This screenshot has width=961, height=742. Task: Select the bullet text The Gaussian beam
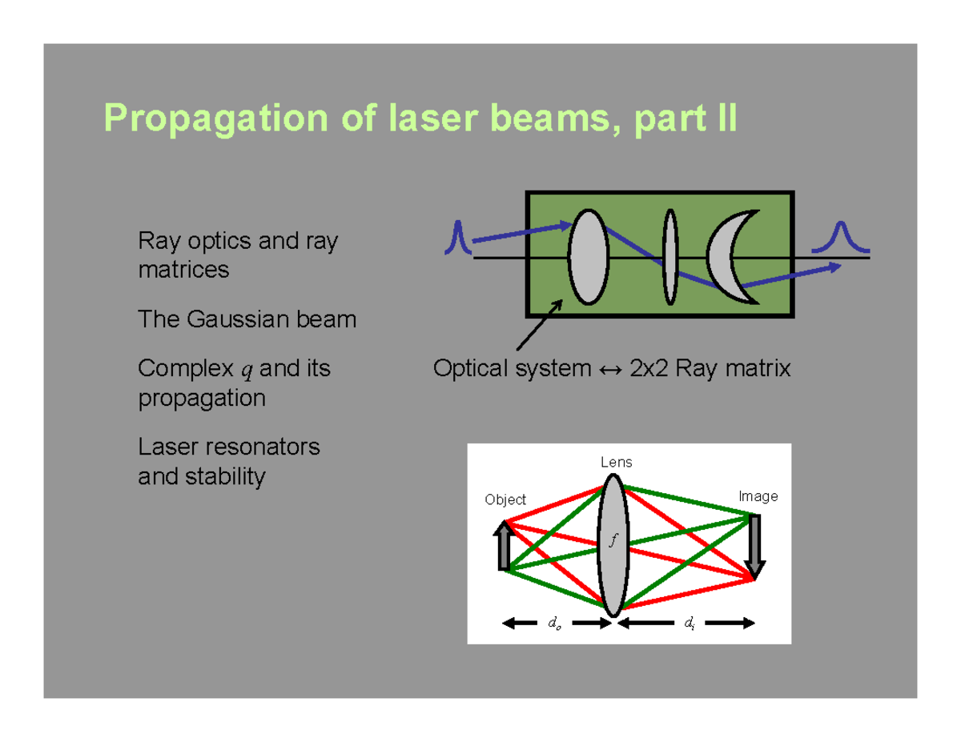[x=247, y=320]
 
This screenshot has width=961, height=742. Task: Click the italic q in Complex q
[x=245, y=371]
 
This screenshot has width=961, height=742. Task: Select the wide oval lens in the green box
[x=588, y=256]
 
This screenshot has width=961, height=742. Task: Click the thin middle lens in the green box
[x=669, y=256]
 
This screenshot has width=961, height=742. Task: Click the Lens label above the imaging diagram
[x=616, y=463]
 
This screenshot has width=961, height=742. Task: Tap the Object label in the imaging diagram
[x=505, y=499]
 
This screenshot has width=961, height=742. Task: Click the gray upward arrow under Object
[x=504, y=546]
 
